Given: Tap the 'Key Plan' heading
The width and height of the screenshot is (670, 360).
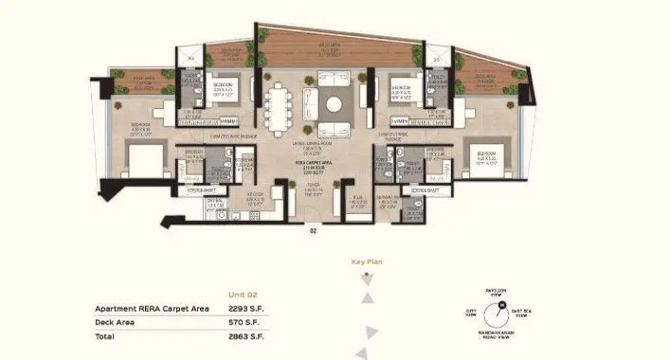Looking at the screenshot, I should click(x=365, y=261).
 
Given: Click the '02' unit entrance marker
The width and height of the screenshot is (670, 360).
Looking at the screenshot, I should click(x=312, y=230).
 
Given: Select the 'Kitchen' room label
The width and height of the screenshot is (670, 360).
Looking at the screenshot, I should click(x=255, y=197).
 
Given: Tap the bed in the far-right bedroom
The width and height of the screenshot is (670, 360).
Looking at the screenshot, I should click(x=485, y=157).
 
